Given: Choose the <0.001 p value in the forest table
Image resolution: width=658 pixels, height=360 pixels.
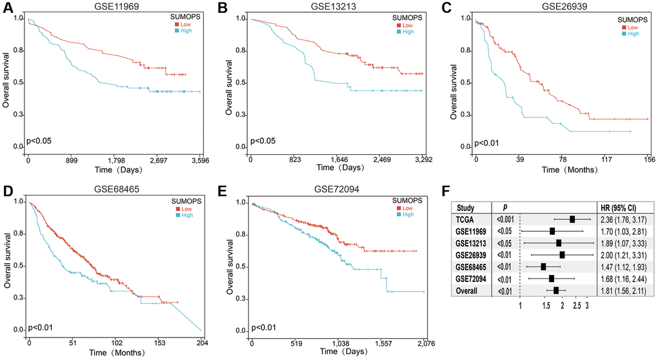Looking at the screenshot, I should click(x=505, y=219).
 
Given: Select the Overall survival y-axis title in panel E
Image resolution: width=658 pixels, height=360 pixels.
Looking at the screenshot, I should click(x=229, y=266).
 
